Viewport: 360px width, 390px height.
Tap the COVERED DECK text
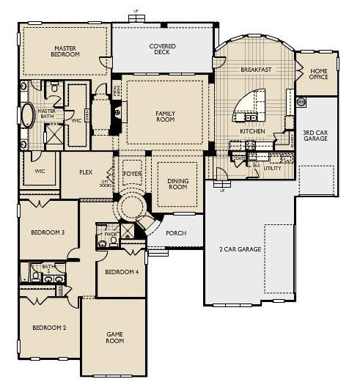(162, 50)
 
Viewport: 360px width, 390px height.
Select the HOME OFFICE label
(318, 74)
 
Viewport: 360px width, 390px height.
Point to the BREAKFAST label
(256, 70)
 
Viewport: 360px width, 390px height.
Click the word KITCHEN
(251, 131)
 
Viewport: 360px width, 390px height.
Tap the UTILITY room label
(272, 168)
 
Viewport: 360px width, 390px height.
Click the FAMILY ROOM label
(166, 117)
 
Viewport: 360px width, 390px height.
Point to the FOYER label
(132, 174)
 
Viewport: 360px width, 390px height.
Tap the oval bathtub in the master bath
(28, 118)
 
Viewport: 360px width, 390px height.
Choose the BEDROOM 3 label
(47, 232)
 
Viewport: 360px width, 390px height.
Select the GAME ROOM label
(115, 337)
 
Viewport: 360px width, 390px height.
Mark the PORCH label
(176, 233)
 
